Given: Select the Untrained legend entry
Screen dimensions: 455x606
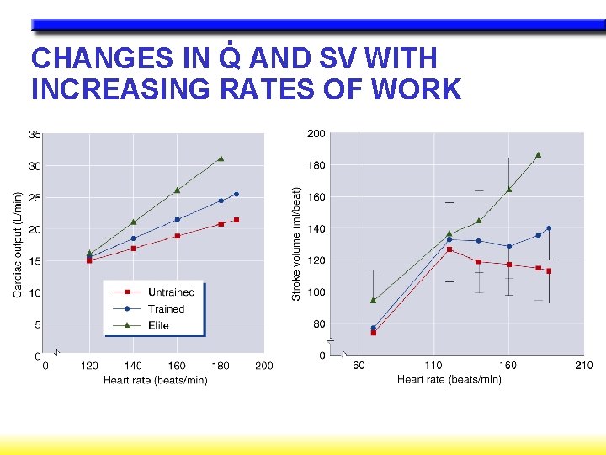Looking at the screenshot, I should point(171,292).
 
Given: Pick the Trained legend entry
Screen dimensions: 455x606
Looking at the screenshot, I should point(166,308).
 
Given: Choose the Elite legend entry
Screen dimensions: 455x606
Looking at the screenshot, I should point(158,325).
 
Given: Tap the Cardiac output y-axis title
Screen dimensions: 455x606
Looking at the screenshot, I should point(18,243).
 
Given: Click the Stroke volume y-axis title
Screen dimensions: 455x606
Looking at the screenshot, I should point(296,244).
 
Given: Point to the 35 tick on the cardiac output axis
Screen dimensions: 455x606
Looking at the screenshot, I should point(35,134).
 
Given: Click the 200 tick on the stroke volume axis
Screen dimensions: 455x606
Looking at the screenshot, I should point(316,134).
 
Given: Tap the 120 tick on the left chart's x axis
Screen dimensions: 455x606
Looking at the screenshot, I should point(89,366).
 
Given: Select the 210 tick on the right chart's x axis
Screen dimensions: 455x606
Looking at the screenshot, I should point(583,365).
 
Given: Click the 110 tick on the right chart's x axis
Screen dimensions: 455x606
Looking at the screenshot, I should point(433,365).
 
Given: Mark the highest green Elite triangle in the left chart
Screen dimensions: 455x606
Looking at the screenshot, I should point(221,158).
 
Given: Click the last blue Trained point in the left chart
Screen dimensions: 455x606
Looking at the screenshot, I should point(236,195).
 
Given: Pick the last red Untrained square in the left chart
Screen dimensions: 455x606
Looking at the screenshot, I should point(237,220).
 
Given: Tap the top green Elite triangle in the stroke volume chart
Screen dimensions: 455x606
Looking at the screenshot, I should point(538,155).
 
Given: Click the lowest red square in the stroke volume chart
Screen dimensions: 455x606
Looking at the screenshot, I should point(373,333).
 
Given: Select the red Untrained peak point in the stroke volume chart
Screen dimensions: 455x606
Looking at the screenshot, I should point(449,249).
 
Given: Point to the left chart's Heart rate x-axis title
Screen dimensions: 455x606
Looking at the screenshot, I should point(155,380).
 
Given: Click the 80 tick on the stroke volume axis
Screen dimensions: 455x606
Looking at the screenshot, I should point(319,324).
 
